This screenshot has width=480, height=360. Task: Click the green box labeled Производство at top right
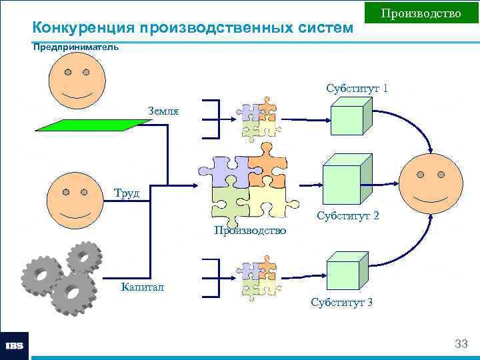point(421,13)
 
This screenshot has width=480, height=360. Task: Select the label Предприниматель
point(76,47)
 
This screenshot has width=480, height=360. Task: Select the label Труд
point(125,193)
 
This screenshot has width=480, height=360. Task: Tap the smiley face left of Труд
point(75,199)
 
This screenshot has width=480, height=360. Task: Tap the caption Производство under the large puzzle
point(250,231)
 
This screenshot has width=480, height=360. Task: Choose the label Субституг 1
point(357,88)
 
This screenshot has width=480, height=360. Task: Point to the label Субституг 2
point(348,216)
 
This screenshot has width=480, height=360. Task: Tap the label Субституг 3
point(342,302)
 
